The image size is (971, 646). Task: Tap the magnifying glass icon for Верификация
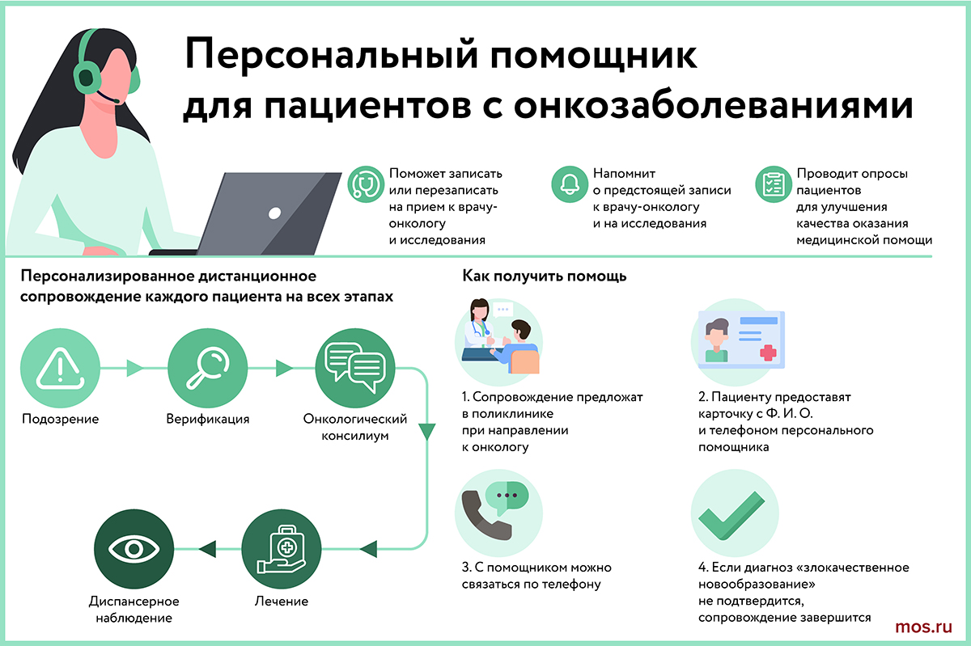pyautogui.click(x=208, y=369)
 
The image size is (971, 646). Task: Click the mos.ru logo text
pyautogui.click(x=923, y=626)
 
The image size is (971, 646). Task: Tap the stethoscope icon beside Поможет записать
pyautogui.click(x=364, y=184)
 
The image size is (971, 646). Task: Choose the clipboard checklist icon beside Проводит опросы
pyautogui.click(x=772, y=184)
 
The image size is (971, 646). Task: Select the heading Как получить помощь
pyautogui.click(x=545, y=276)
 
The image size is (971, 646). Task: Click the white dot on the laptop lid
pyautogui.click(x=275, y=213)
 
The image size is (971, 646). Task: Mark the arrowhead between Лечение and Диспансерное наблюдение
pyautogui.click(x=207, y=551)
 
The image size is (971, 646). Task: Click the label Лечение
pyautogui.click(x=281, y=602)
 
